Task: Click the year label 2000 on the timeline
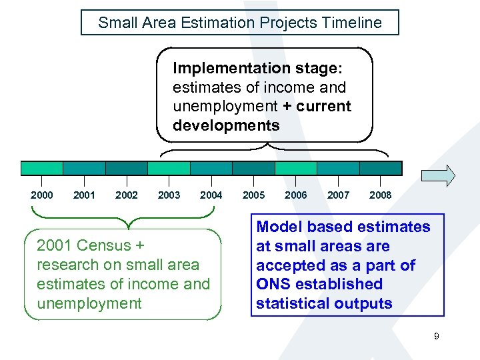coord(42,195)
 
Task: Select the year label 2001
coord(84,195)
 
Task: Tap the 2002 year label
coord(127,195)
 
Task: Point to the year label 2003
coord(169,195)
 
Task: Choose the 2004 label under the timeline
coord(211,195)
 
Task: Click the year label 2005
coord(253,195)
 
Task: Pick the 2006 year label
coord(296,195)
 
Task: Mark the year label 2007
coord(338,195)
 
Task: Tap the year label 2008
coord(381,195)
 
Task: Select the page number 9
coord(436,337)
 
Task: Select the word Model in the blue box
coord(278,227)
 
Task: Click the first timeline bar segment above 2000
coord(42,168)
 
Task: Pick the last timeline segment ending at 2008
coord(381,168)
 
